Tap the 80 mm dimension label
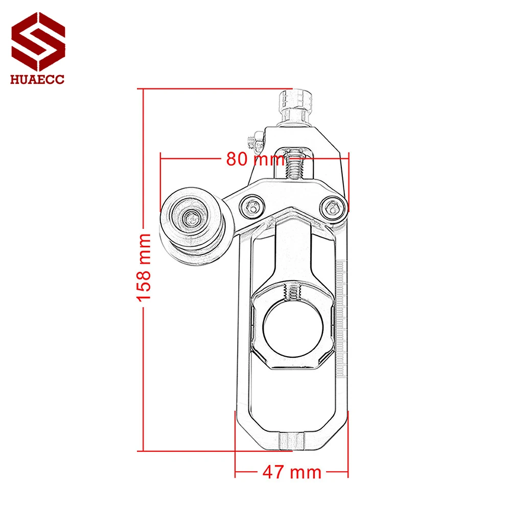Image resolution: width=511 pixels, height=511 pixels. (x=255, y=159)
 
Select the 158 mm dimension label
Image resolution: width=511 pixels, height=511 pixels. (x=145, y=266)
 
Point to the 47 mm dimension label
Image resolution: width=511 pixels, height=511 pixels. (x=292, y=472)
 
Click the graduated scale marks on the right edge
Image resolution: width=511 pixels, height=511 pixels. (x=342, y=307)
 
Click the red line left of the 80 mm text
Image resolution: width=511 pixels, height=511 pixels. (x=192, y=159)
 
